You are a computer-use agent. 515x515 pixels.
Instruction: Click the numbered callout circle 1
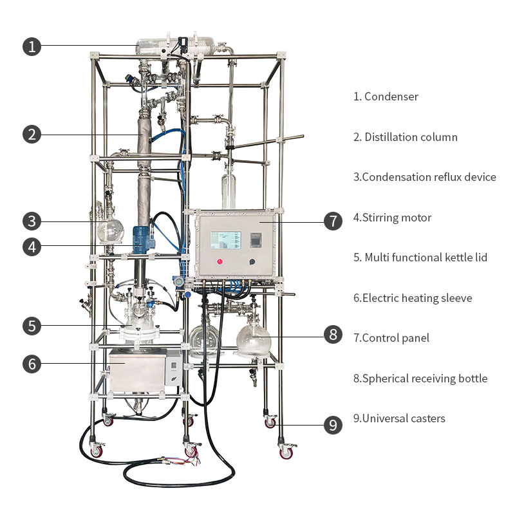pyautogui.click(x=32, y=46)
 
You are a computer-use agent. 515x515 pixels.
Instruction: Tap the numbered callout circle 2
pyautogui.click(x=32, y=135)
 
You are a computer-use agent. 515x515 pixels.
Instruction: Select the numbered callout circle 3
pyautogui.click(x=32, y=221)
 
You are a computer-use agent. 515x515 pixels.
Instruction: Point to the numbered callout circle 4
pyautogui.click(x=32, y=246)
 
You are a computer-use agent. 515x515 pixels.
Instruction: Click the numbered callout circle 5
pyautogui.click(x=32, y=326)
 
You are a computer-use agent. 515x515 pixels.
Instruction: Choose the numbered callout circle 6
pyautogui.click(x=32, y=364)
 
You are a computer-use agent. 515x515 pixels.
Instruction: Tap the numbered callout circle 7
pyautogui.click(x=333, y=221)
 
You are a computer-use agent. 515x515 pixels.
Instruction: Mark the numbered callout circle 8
pyautogui.click(x=333, y=334)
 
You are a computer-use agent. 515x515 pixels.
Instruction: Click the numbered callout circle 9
pyautogui.click(x=333, y=425)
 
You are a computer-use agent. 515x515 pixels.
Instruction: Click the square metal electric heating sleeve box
pyautogui.click(x=137, y=372)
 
